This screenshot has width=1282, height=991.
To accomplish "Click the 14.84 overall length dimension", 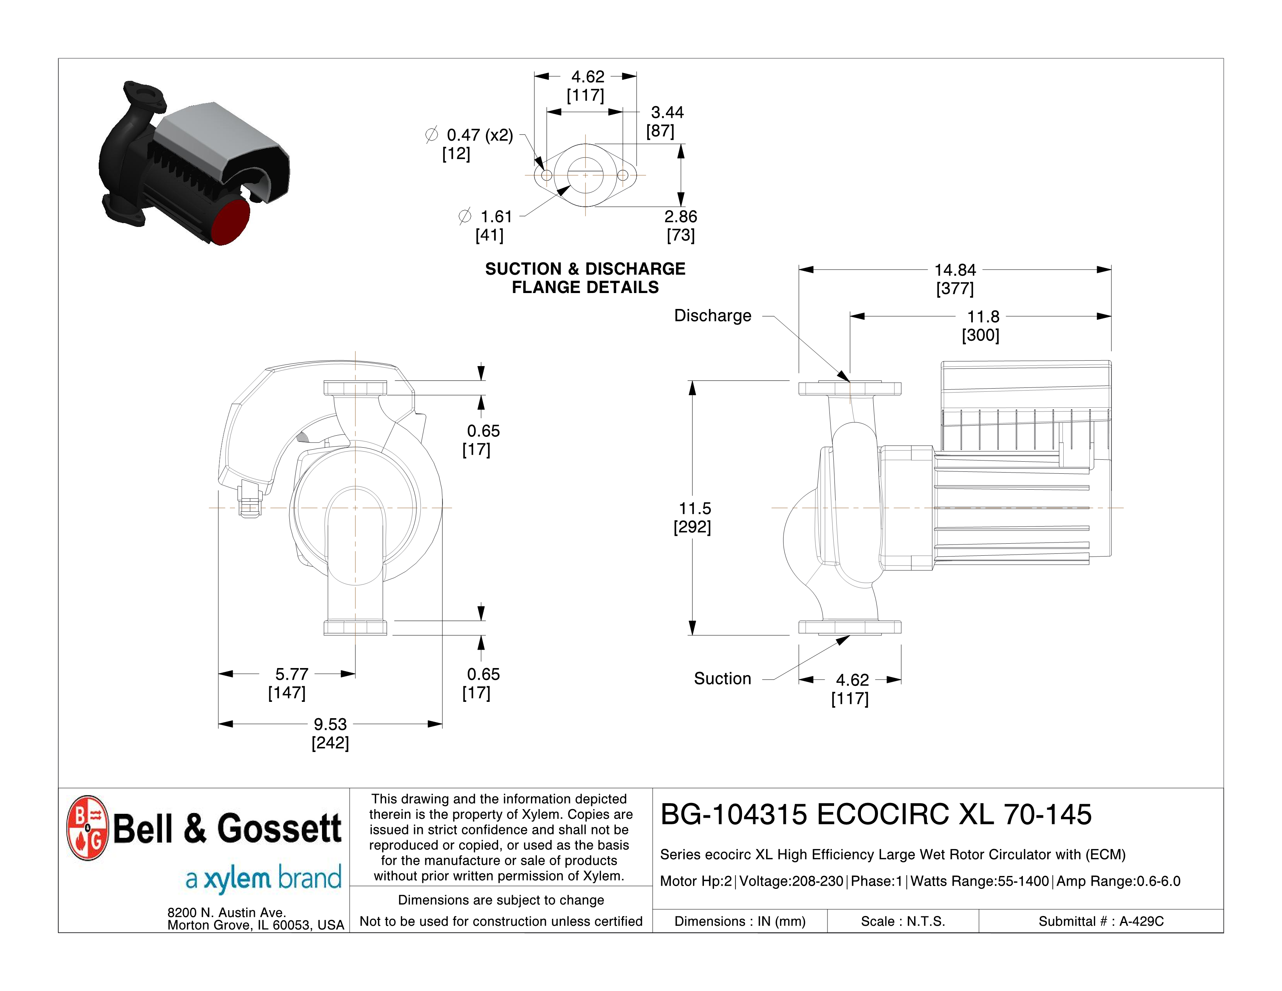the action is coord(955,270).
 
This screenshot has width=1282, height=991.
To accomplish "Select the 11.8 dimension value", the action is coord(983,317).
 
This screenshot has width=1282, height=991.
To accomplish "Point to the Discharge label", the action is coord(712,316).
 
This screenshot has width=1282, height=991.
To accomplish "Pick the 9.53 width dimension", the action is coord(330,724).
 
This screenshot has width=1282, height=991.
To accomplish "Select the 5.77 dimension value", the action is coord(292,674).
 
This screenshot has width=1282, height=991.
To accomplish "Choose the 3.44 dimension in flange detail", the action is coord(667,112).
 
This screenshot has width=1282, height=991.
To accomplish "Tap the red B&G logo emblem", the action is coord(87,828).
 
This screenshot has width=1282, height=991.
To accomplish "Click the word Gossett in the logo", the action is coord(279,829).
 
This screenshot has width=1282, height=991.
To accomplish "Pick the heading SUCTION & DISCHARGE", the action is coord(585,269).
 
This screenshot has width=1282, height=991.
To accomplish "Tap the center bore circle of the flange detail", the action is coord(585,156).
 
